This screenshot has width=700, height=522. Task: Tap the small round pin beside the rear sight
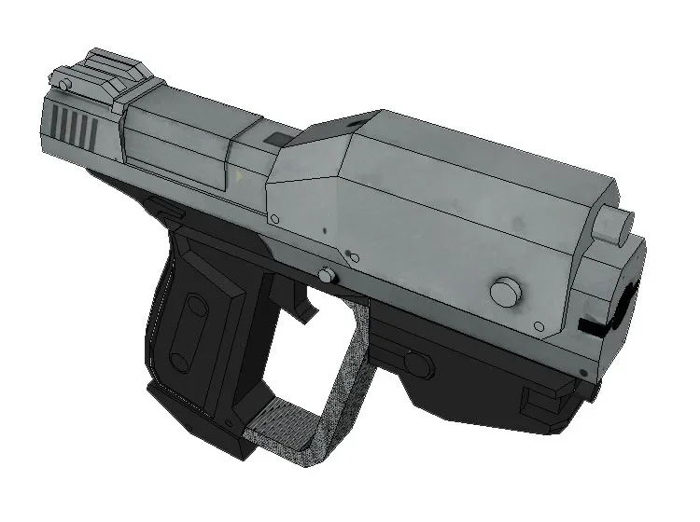pyautogui.click(x=63, y=85)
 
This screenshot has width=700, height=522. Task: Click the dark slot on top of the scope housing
pyautogui.click(x=353, y=120)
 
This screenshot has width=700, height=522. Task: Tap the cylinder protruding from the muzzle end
pyautogui.click(x=613, y=226)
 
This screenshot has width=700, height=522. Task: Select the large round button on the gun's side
pyautogui.click(x=504, y=292)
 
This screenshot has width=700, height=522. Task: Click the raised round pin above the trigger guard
pyautogui.click(x=327, y=275)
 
